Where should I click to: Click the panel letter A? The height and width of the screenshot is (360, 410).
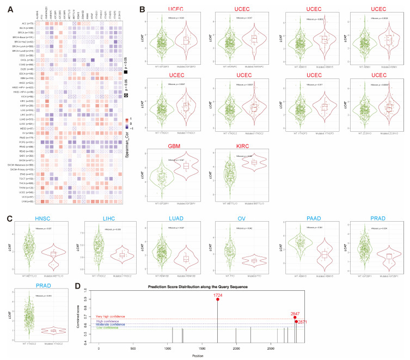(5, 8)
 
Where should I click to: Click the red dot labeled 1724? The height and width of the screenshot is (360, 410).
(218, 299)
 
